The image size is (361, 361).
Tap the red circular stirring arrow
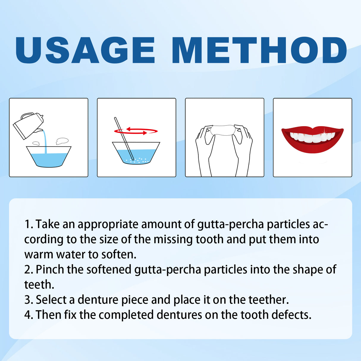tap(136, 131)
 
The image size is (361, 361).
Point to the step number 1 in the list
tap(28, 224)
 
